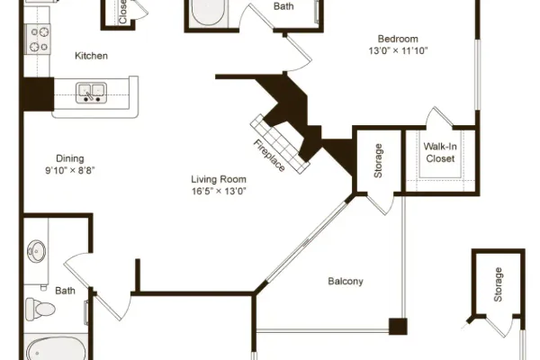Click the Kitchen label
(91, 56)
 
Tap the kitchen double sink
(91, 93)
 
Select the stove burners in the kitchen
(39, 40)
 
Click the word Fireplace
(269, 156)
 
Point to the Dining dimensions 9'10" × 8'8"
(70, 170)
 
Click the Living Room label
(219, 179)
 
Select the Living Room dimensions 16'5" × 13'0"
(219, 191)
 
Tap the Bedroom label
(398, 39)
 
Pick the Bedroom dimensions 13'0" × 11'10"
(398, 50)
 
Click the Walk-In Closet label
(440, 153)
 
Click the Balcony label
(346, 282)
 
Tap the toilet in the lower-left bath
(40, 309)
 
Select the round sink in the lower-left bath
(37, 251)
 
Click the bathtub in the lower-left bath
(56, 348)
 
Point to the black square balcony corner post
(398, 327)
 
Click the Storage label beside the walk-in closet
(378, 161)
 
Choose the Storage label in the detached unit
(498, 284)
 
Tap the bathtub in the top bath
(209, 13)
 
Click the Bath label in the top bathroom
(283, 6)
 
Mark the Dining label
(70, 158)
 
